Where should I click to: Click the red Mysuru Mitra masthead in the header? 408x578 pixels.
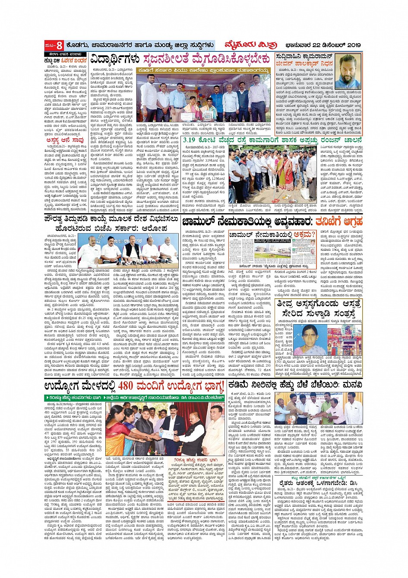tap(244, 45)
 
